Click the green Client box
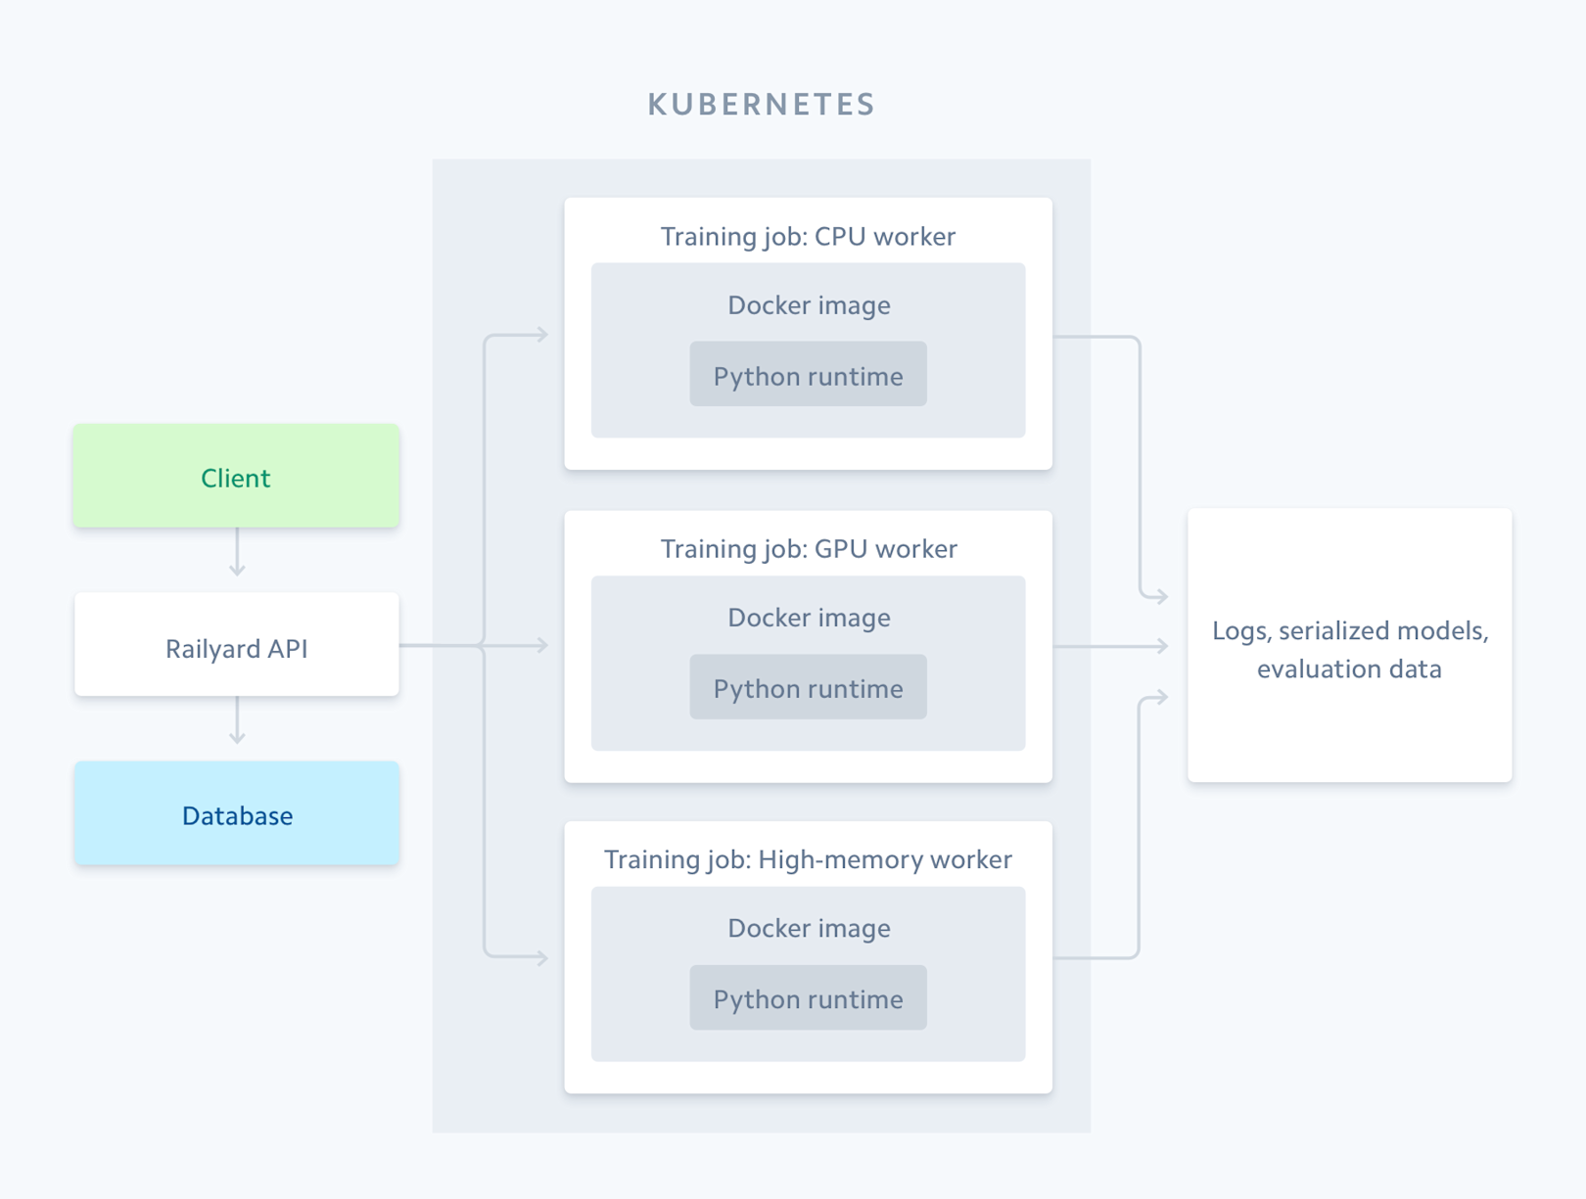[x=236, y=477]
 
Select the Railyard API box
[x=236, y=647]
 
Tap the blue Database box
[x=236, y=814]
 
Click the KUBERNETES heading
[x=761, y=105]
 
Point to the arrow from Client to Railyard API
[x=237, y=553]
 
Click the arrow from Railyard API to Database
[x=237, y=721]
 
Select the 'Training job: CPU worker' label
[x=808, y=237]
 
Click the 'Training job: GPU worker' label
[x=808, y=549]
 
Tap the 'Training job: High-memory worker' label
[x=808, y=859]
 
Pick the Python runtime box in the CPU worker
[x=808, y=376]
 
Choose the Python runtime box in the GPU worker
[x=808, y=688]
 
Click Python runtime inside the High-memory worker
[x=808, y=998]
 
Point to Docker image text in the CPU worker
[x=809, y=305]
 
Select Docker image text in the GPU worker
[x=809, y=618]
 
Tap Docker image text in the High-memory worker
[x=809, y=928]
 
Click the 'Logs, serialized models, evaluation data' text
[x=1349, y=649]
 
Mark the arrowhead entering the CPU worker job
[x=542, y=335]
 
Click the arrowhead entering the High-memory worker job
[x=542, y=958]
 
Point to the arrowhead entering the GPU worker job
[x=542, y=645]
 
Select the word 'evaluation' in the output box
[x=1307, y=669]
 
